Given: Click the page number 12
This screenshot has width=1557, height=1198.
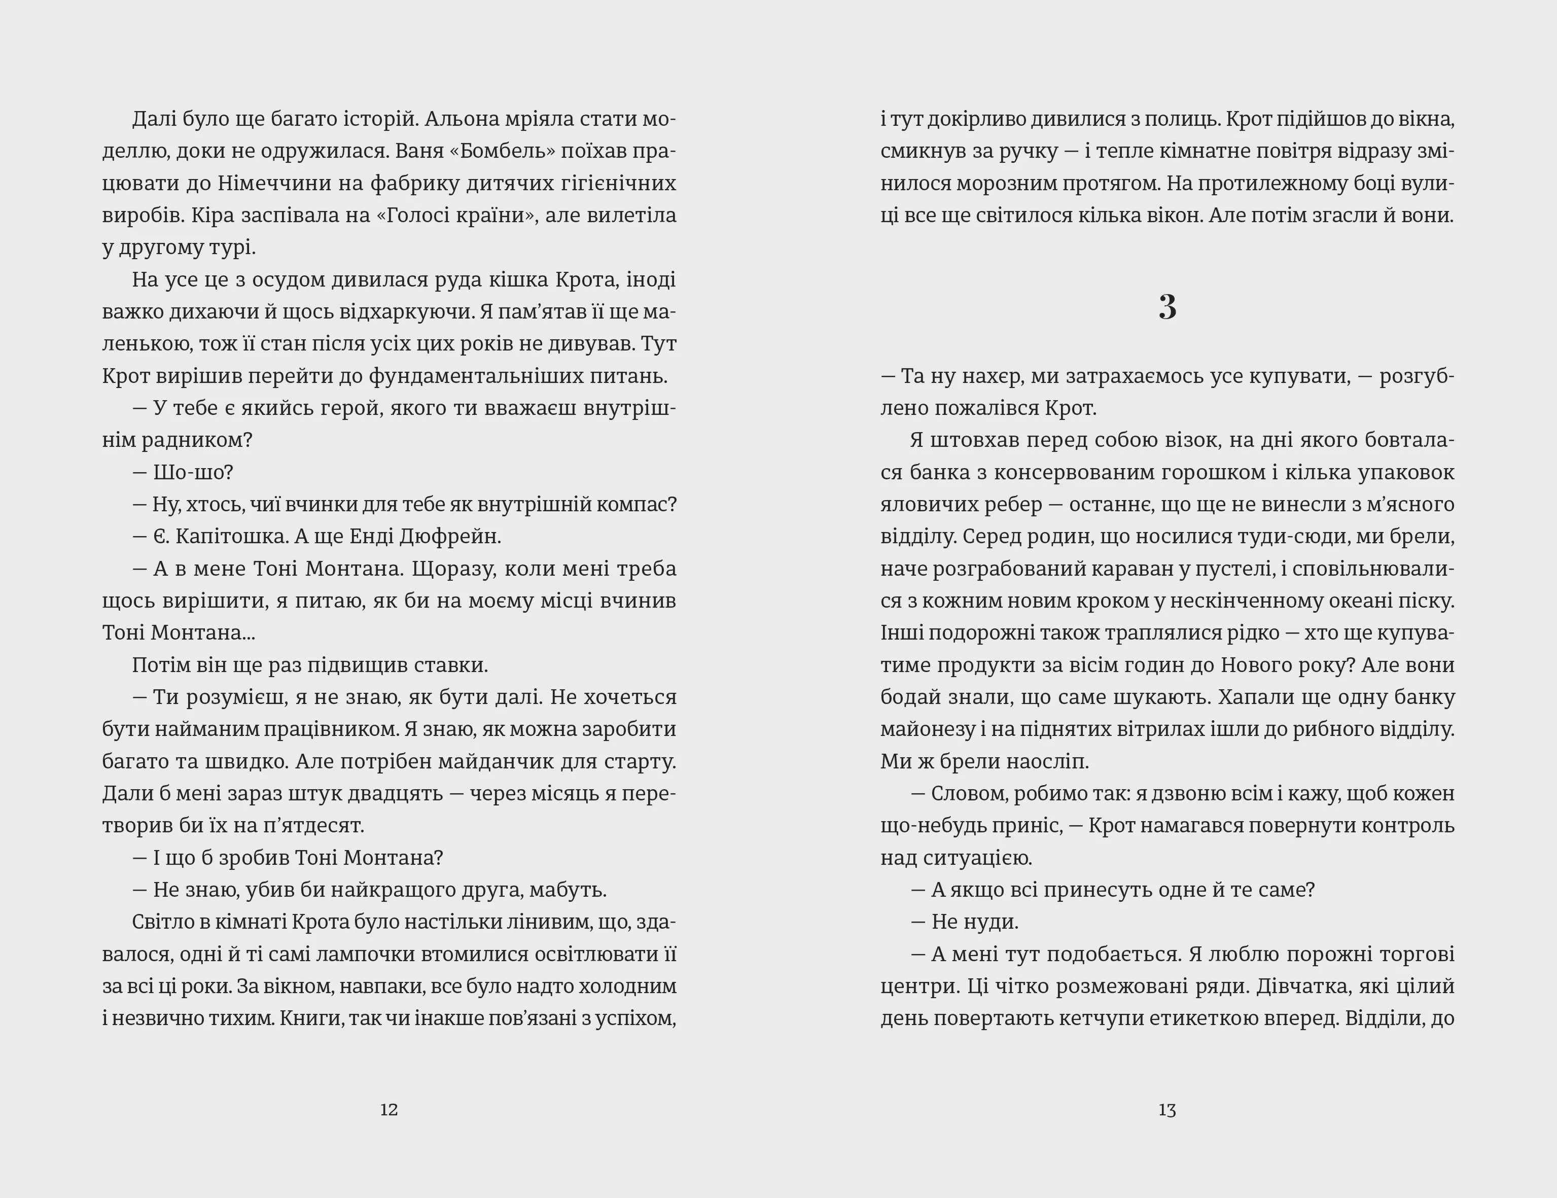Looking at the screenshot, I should [x=388, y=1110].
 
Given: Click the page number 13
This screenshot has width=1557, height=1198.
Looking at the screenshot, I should [x=1167, y=1110].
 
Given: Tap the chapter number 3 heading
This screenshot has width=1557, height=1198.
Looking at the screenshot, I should [x=1167, y=307].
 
